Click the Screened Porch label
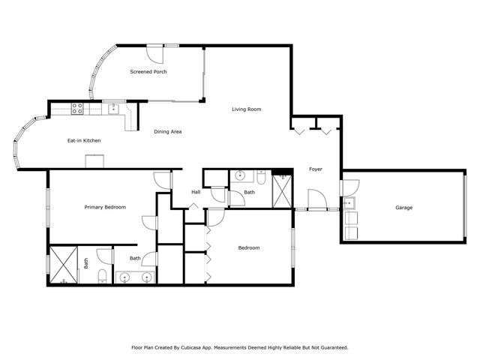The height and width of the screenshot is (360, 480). [x=148, y=72]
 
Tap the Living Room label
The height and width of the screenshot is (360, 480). [x=247, y=109]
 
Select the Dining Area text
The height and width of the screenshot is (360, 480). [x=168, y=132]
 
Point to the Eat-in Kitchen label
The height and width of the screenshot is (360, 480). [x=84, y=140]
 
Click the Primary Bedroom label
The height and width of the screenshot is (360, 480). [x=105, y=207]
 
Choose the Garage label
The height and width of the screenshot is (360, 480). [x=403, y=208]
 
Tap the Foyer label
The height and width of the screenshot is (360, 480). [x=316, y=169]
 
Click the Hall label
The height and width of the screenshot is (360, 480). [x=196, y=192]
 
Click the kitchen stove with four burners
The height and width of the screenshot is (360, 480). [x=77, y=109]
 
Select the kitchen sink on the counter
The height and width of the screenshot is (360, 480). [x=113, y=109]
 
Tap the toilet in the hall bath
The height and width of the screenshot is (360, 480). [x=261, y=178]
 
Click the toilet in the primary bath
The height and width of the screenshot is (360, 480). [x=102, y=277]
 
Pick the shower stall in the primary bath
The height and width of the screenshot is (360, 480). [x=63, y=265]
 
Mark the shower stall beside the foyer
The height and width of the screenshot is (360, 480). [x=282, y=191]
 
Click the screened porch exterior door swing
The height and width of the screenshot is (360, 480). [x=155, y=54]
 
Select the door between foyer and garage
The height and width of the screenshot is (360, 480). [x=350, y=188]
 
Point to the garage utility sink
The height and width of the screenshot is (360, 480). [x=349, y=203]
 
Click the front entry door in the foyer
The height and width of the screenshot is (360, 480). [x=317, y=199]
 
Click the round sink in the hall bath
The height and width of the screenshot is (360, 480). [x=240, y=175]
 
